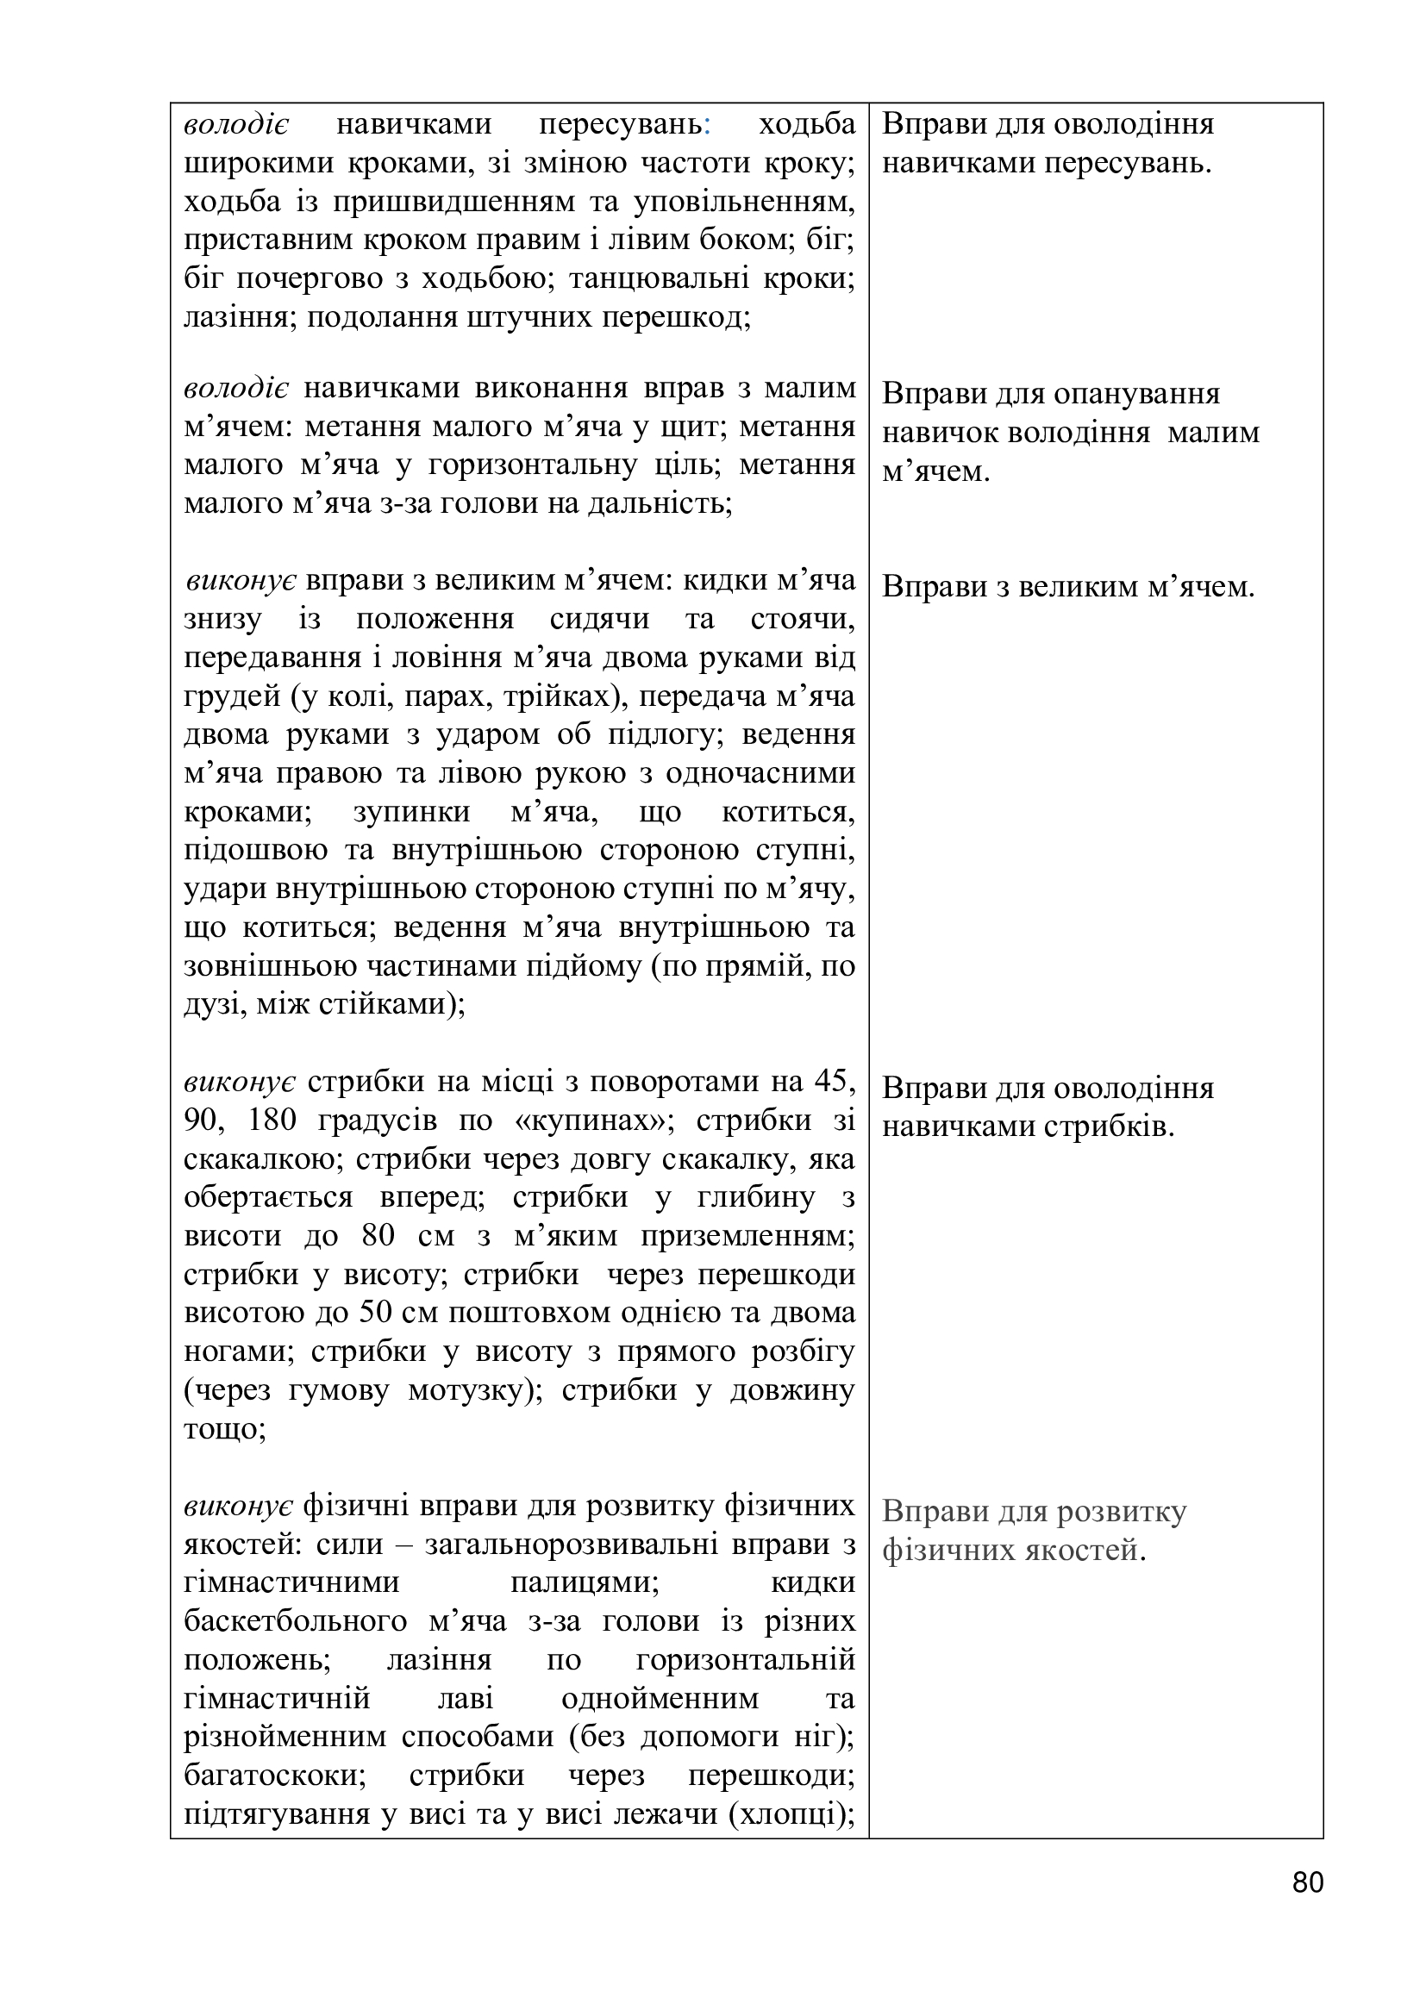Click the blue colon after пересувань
coord(707,125)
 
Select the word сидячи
coord(600,619)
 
